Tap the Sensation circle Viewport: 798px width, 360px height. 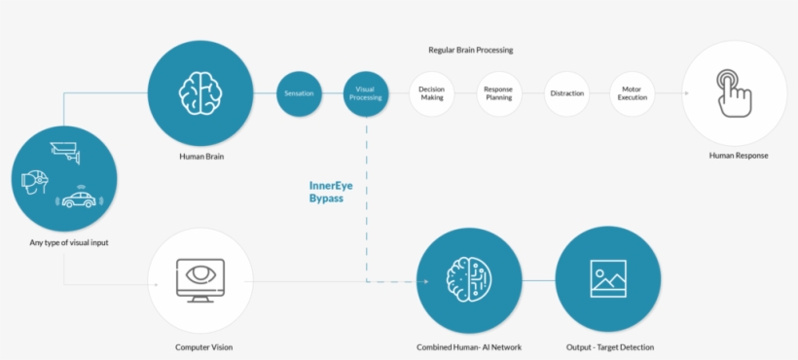299,93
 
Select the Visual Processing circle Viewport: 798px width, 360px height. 366,93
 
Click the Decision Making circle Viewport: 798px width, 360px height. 431,93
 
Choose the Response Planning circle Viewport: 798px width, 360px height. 498,93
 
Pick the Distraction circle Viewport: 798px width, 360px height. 566,93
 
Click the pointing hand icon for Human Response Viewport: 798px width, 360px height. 734,92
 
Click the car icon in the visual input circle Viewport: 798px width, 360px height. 81,199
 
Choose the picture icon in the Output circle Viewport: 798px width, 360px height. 608,279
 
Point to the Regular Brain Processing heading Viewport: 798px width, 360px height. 470,50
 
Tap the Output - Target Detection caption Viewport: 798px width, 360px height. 609,346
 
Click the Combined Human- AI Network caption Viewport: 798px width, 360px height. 468,346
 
